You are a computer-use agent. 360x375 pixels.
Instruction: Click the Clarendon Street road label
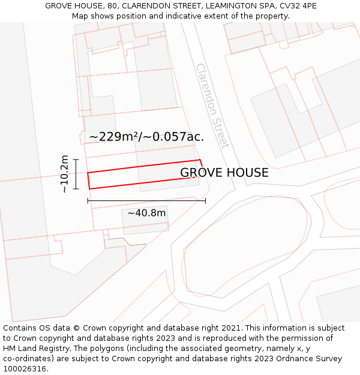pos(212,106)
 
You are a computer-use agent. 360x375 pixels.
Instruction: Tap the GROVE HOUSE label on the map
pos(224,173)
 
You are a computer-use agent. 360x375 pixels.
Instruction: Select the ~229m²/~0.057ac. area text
pos(146,137)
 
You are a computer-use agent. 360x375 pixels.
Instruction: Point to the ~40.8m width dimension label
pos(146,213)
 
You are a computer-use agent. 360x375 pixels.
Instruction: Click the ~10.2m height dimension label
pos(65,174)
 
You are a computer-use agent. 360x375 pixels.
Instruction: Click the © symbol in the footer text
pos(77,328)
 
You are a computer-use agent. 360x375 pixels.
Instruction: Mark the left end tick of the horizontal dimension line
pos(88,200)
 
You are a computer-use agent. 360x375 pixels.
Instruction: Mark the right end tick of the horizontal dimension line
pos(205,200)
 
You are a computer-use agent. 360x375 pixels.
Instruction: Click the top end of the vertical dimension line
pos(76,158)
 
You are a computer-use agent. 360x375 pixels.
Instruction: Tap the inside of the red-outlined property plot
pos(144,174)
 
